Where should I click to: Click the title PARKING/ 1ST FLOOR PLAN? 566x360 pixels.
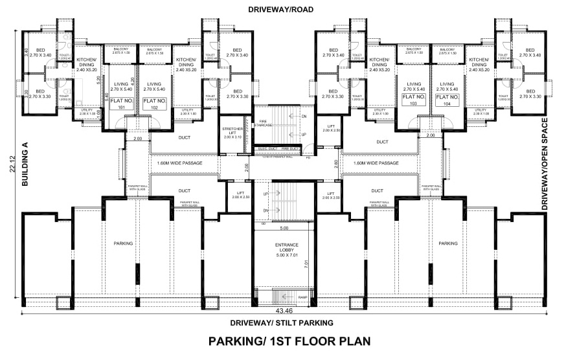point(282,341)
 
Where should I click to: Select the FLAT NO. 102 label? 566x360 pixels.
point(154,104)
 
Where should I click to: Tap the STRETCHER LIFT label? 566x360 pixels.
point(231,133)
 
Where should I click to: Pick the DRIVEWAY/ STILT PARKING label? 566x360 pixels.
point(282,322)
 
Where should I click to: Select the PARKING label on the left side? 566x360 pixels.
point(123,243)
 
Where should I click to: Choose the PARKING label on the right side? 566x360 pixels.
point(447,243)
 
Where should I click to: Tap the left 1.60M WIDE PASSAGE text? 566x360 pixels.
point(179,163)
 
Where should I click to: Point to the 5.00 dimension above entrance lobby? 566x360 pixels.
point(283,228)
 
